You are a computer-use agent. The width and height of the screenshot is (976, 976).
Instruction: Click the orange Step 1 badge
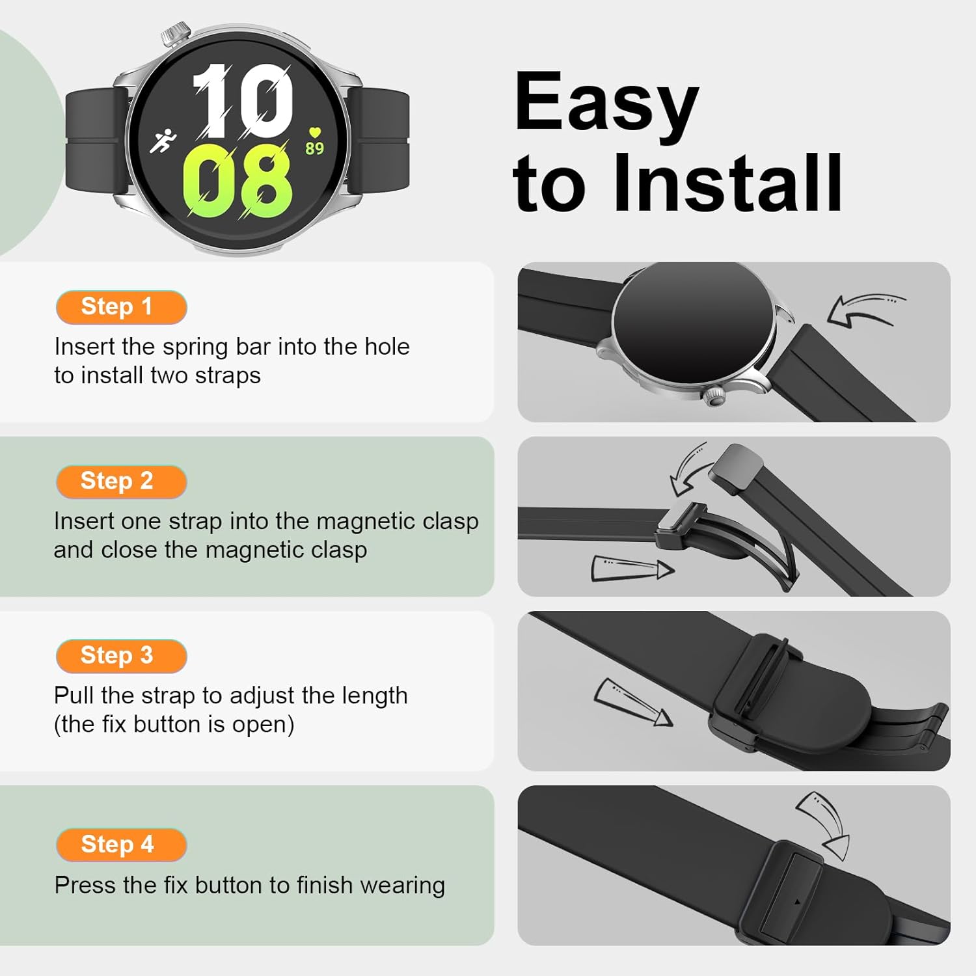tap(122, 307)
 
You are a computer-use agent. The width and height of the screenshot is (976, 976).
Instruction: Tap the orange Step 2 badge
tap(122, 481)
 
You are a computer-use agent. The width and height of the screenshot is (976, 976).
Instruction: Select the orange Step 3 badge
tap(122, 656)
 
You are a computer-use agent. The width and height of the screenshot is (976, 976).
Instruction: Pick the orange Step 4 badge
tap(122, 845)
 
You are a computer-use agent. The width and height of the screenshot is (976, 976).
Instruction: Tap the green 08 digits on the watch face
tap(237, 181)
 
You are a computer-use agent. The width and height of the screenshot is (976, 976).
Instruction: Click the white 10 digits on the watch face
tap(242, 101)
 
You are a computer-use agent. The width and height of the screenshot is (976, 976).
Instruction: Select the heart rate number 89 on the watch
tap(315, 149)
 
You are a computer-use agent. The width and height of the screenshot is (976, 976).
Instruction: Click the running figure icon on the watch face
tap(163, 141)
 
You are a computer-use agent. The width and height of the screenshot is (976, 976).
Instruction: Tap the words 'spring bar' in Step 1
tap(217, 347)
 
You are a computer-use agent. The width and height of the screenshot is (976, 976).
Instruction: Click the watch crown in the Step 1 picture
tap(715, 396)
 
